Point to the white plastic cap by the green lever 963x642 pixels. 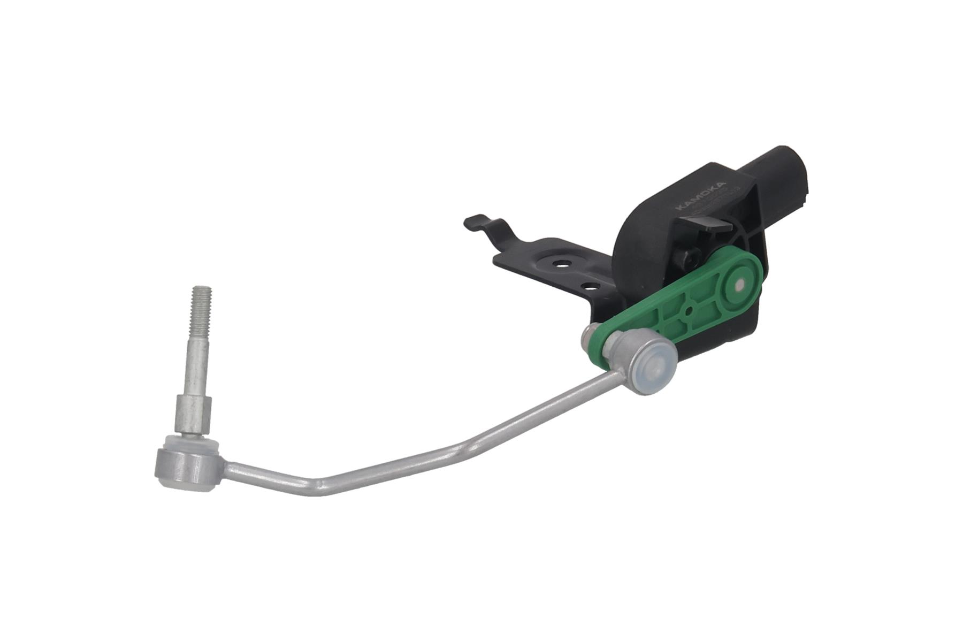click(x=656, y=370)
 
